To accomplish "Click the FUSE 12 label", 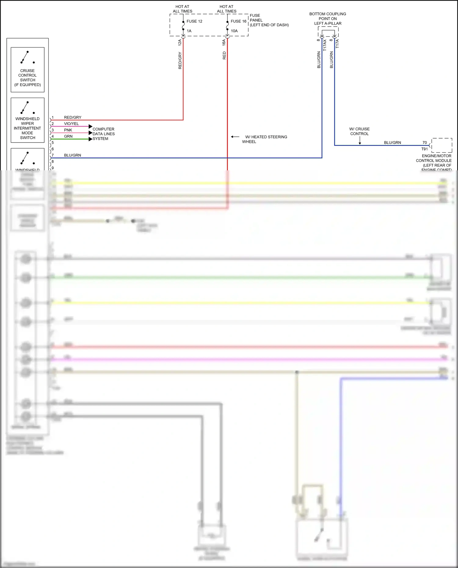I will [x=194, y=21].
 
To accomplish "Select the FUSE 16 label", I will [x=238, y=21].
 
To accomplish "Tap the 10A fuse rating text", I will [x=234, y=31].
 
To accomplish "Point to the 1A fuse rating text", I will [x=189, y=31].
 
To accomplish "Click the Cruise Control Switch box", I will [x=27, y=70].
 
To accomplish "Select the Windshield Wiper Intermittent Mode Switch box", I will [x=27, y=120].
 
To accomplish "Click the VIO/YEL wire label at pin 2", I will [x=71, y=124].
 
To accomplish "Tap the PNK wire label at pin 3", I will [x=68, y=130].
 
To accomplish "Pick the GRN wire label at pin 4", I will [x=68, y=136].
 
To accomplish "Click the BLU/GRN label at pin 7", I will [x=73, y=155].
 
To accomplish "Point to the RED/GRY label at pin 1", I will [x=73, y=118].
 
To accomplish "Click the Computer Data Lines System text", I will [x=104, y=134].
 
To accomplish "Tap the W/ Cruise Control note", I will [x=359, y=131].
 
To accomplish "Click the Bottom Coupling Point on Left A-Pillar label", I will [x=328, y=19].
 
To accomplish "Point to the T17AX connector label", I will [x=325, y=45].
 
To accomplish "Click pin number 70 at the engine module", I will [x=424, y=143].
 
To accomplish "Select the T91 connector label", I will [x=424, y=149].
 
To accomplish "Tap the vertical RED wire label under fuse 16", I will [x=224, y=55].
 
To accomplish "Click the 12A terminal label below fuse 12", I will [x=180, y=42].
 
